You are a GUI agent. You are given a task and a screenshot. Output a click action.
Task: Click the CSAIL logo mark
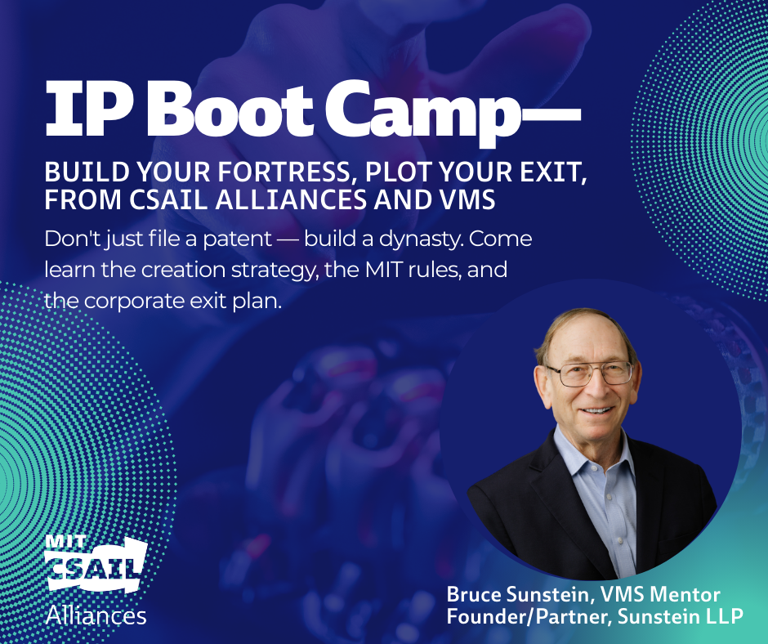coord(96,564)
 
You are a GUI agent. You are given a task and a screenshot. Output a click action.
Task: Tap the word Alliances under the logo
coord(96,615)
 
